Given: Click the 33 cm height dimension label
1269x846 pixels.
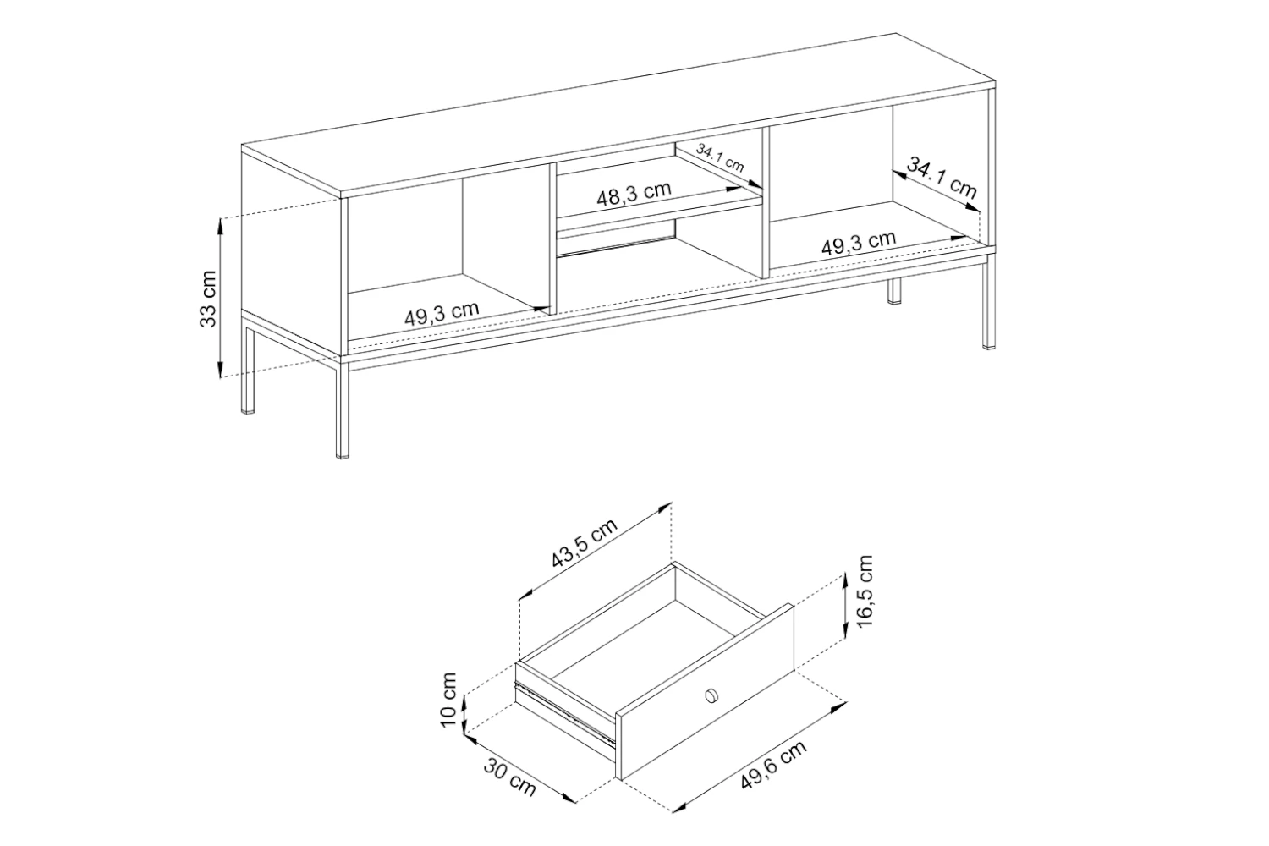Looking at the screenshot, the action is pyautogui.click(x=208, y=299).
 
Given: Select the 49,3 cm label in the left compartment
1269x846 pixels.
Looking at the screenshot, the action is pyautogui.click(x=442, y=313).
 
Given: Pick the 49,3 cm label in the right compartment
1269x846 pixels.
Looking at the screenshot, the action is pyautogui.click(x=859, y=243).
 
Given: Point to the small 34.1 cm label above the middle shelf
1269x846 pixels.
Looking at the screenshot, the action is pyautogui.click(x=719, y=157).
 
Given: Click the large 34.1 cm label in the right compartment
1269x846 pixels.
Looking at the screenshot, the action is pyautogui.click(x=942, y=178).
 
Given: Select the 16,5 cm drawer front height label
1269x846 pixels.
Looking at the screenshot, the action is pyautogui.click(x=865, y=591).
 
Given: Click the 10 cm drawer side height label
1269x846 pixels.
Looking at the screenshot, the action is pyautogui.click(x=448, y=700).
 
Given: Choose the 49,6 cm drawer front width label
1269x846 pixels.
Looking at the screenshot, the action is pyautogui.click(x=774, y=765).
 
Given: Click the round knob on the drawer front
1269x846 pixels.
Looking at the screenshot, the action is pyautogui.click(x=711, y=695).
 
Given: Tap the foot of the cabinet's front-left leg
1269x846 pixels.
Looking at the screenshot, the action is pyautogui.click(x=342, y=455).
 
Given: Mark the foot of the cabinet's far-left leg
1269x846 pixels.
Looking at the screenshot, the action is pyautogui.click(x=247, y=411).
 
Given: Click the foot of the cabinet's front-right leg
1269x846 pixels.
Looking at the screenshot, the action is pyautogui.click(x=989, y=346).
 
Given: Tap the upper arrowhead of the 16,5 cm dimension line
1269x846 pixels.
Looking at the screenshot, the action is pyautogui.click(x=844, y=580).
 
